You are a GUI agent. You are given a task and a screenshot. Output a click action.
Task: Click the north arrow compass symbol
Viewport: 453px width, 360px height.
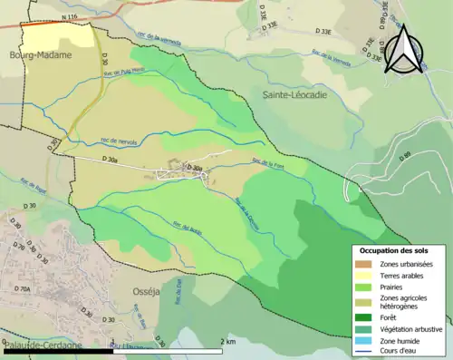tap(404, 49)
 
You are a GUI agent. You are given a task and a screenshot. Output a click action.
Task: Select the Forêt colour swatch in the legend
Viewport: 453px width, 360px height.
tap(367, 316)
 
